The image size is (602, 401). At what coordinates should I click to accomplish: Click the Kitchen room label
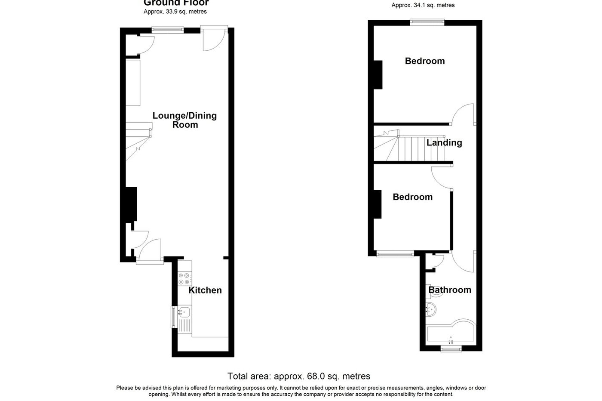tap(206, 290)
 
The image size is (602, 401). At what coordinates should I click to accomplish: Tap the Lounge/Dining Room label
tap(185, 120)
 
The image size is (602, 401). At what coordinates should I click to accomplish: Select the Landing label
tap(444, 142)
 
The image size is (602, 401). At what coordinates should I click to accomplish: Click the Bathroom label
tap(450, 290)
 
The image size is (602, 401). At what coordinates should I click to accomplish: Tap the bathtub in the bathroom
tap(451, 332)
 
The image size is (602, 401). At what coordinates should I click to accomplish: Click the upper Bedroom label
tap(425, 61)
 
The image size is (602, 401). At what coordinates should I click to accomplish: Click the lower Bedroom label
tap(412, 197)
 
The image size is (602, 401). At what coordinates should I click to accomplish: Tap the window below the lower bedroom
tap(395, 254)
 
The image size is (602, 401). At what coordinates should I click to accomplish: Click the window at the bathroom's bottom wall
tap(451, 349)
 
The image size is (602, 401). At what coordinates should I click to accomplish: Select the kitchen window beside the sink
tap(173, 317)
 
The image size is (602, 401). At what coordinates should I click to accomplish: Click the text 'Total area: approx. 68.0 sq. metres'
tap(299, 376)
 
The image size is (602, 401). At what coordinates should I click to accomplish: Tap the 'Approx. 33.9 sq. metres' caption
tap(175, 12)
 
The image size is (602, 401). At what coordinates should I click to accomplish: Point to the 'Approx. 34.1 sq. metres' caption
tap(423, 6)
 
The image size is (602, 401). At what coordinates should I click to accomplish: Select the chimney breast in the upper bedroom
tap(378, 75)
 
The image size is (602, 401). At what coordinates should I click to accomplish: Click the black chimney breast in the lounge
tap(131, 204)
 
